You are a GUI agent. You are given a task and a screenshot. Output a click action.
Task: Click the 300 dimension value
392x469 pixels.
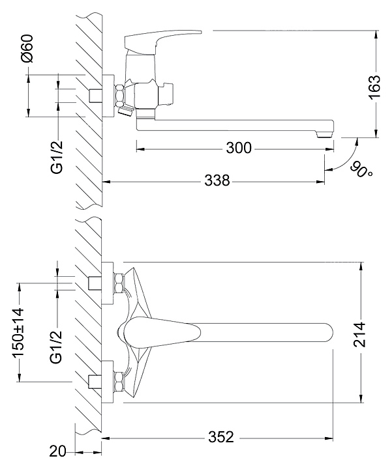click(x=239, y=149)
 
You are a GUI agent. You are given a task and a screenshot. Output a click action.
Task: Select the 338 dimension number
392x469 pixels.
click(x=217, y=180)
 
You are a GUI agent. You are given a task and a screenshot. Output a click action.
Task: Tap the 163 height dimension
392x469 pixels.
click(x=374, y=87)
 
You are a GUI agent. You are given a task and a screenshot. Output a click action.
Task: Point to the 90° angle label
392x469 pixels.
click(x=361, y=170)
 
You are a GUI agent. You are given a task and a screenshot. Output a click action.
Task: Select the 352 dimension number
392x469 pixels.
click(x=220, y=437)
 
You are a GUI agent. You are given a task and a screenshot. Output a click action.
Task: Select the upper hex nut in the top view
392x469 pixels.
click(x=119, y=284)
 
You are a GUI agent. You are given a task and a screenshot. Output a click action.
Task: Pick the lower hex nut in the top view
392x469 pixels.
click(x=119, y=380)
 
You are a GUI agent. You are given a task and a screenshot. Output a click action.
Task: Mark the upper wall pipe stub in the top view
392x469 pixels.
click(x=96, y=284)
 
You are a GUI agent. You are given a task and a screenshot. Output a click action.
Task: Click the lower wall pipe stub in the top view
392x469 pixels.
click(x=96, y=381)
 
